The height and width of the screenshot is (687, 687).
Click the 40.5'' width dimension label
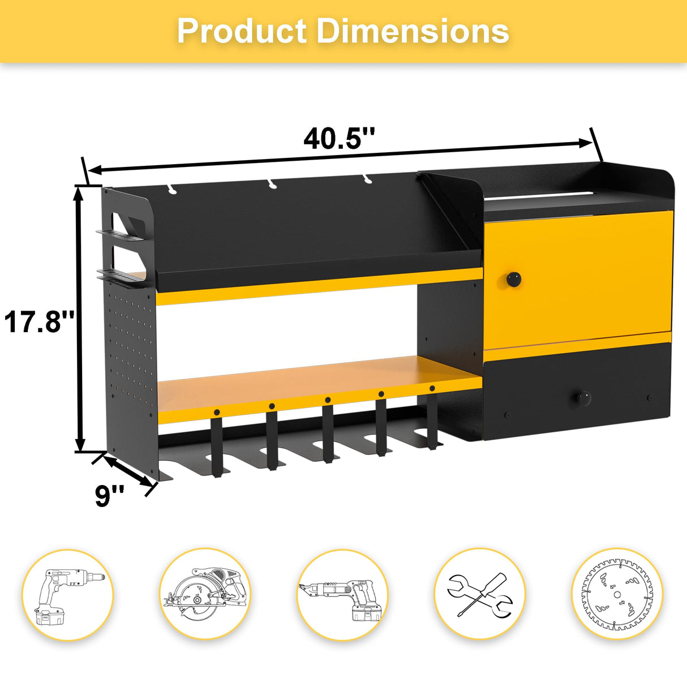point(339,139)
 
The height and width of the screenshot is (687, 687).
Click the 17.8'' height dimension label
point(39,321)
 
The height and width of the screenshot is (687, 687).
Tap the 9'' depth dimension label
point(109,496)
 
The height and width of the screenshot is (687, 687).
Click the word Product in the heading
point(242,31)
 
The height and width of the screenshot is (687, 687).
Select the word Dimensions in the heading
point(413,31)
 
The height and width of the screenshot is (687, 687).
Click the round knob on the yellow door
point(513,278)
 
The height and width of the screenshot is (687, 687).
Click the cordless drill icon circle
point(67,595)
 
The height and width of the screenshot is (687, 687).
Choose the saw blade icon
point(617,595)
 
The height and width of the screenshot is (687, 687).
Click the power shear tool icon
point(342,595)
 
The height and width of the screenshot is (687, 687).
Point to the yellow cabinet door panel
point(577,280)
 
